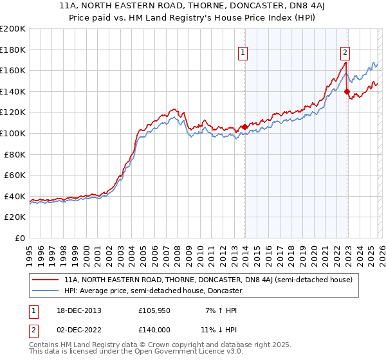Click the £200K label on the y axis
[13, 29]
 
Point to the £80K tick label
[15, 154]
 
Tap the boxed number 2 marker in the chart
[345, 53]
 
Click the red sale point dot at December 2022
[347, 92]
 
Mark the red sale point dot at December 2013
[244, 127]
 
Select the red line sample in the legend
[46, 280]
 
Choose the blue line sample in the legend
[46, 291]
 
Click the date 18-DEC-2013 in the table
[74, 310]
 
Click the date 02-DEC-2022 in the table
[74, 330]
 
